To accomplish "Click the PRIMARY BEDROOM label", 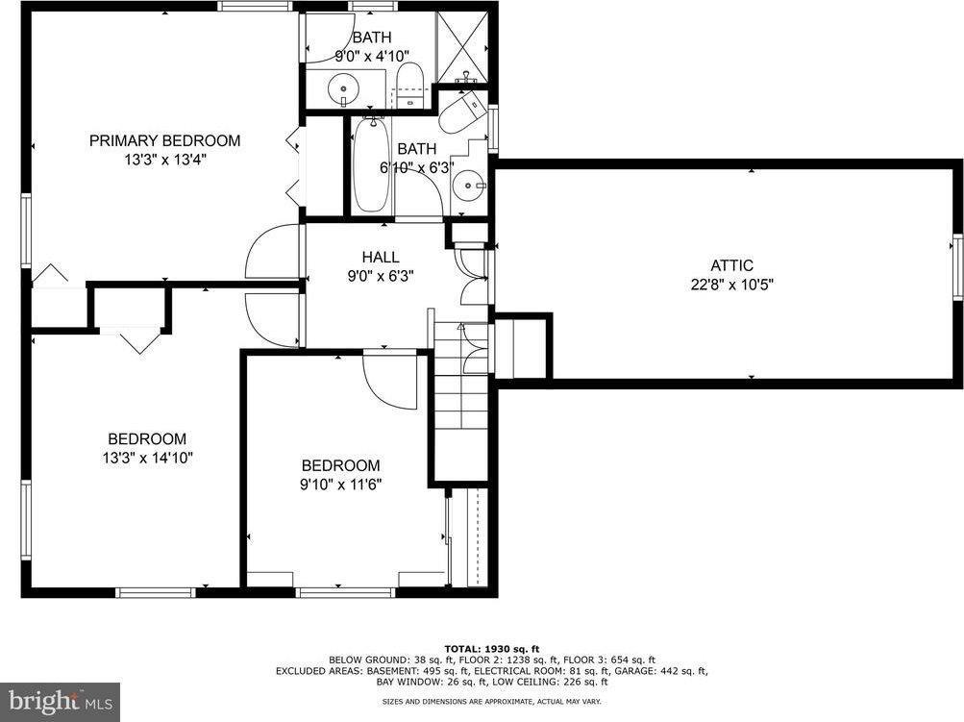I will coord(164,140).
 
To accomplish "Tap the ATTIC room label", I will coord(731,265).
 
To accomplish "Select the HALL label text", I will coord(381,257).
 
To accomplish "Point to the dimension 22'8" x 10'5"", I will coord(731,285).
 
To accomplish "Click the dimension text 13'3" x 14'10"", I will coord(147,458).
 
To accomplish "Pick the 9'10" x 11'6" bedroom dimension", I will coord(340,484).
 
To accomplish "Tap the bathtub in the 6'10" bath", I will coord(371,165).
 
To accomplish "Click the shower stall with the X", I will coord(462,44).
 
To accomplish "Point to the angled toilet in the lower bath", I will coord(462,112).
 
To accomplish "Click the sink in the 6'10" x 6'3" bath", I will coord(468,183).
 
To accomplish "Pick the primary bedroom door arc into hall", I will coord(273,252).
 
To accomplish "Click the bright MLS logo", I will coord(60,702).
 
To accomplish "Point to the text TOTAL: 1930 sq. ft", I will coord(491,648).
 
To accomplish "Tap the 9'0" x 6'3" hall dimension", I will coord(381,276).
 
